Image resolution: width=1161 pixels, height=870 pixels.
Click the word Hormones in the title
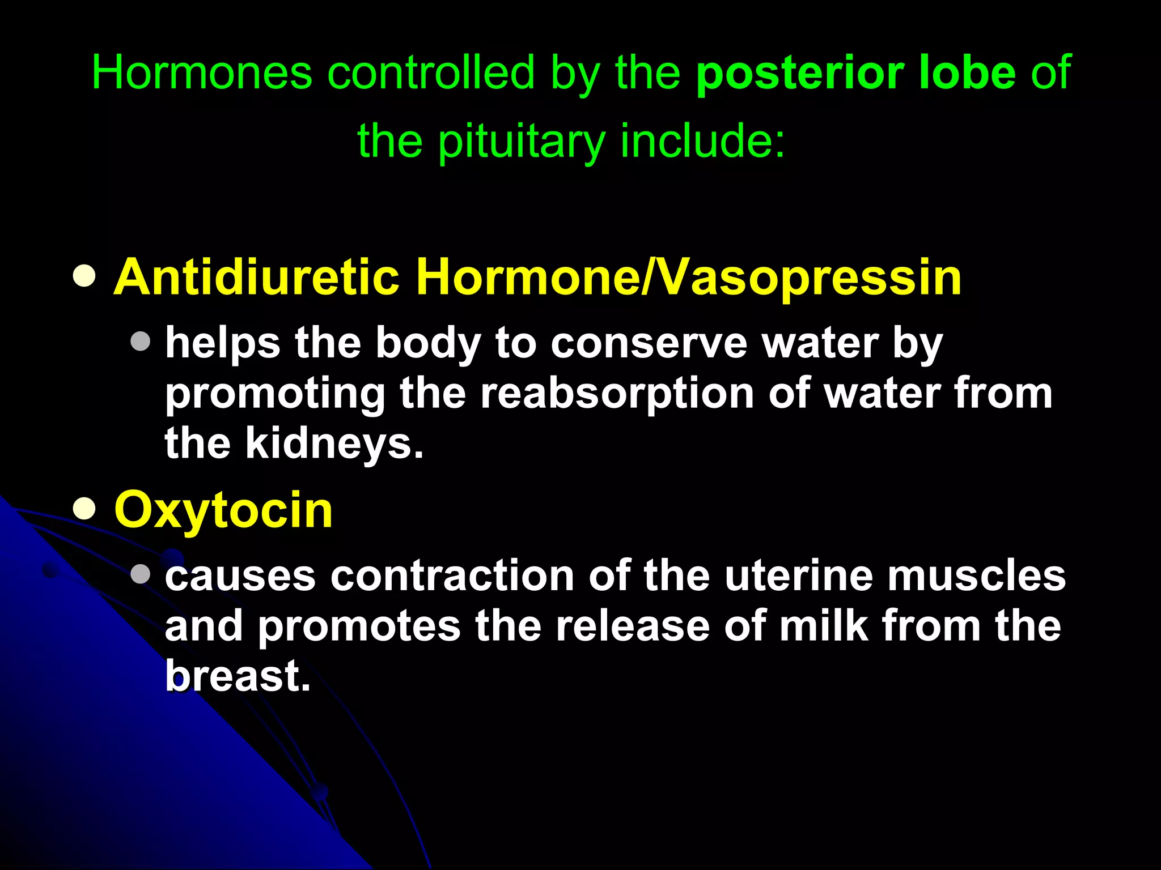pos(202,72)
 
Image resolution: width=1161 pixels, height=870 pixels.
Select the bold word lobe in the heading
pos(967,72)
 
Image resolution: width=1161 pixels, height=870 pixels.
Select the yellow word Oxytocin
pos(223,510)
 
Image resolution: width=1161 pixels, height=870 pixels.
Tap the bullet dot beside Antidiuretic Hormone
pos(84,276)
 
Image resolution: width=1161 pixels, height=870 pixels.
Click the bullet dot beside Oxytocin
pos(84,509)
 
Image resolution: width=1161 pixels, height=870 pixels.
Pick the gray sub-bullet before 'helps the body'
pos(140,341)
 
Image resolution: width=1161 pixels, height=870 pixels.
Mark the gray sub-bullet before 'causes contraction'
pos(140,574)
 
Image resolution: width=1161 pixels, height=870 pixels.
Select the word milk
pos(824,626)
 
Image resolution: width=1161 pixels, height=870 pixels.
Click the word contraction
pos(452,576)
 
